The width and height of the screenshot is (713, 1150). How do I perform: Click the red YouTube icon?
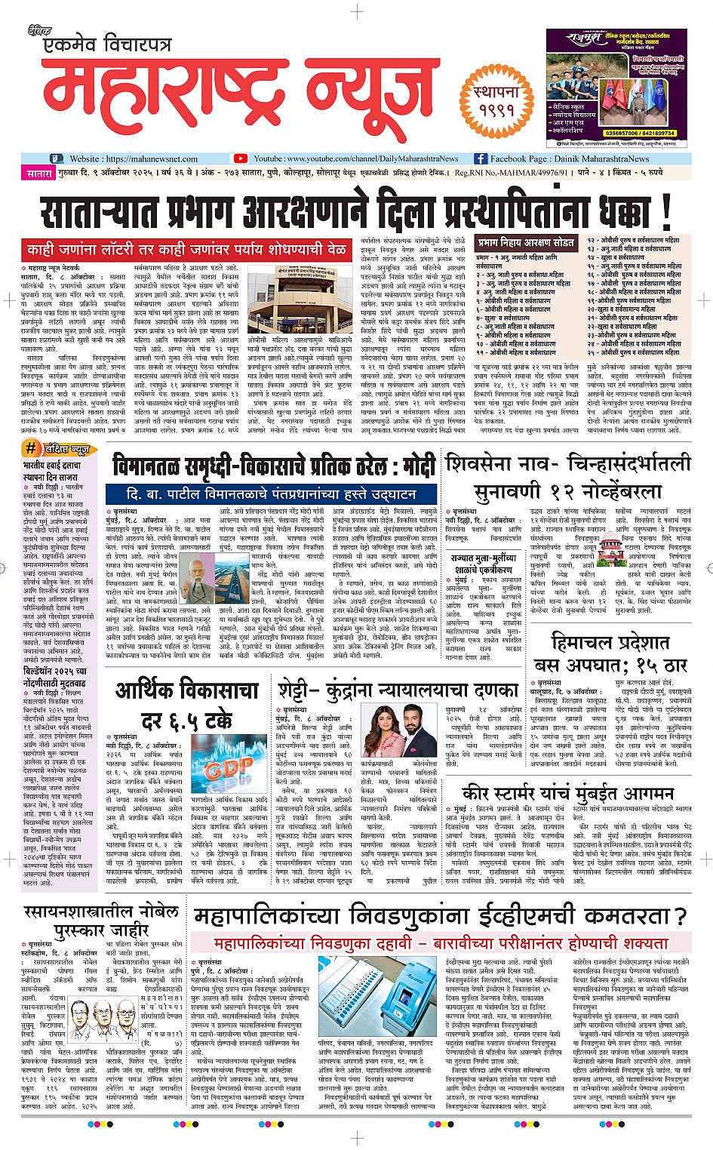(240, 158)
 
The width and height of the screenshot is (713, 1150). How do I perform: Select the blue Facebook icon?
(481, 158)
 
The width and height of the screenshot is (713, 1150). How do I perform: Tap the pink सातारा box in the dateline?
(39, 173)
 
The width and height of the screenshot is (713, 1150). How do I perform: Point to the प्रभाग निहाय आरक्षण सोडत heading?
(526, 242)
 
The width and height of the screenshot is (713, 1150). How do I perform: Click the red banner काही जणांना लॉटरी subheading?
(186, 249)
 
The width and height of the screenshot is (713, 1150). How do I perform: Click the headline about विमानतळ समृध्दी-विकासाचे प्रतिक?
(273, 466)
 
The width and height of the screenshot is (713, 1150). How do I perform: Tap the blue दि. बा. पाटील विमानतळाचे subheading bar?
(272, 494)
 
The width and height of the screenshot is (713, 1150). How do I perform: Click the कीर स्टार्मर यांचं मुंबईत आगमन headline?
(567, 793)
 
